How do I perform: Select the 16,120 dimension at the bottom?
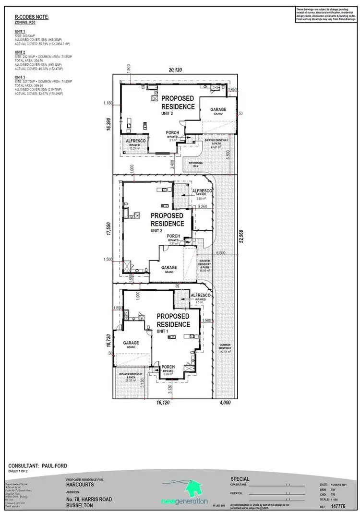point(163,403)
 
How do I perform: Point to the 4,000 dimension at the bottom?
point(226,403)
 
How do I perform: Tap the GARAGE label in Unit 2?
point(169,268)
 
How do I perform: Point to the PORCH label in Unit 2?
point(173,237)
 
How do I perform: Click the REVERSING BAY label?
point(196,164)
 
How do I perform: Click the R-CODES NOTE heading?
point(29,17)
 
